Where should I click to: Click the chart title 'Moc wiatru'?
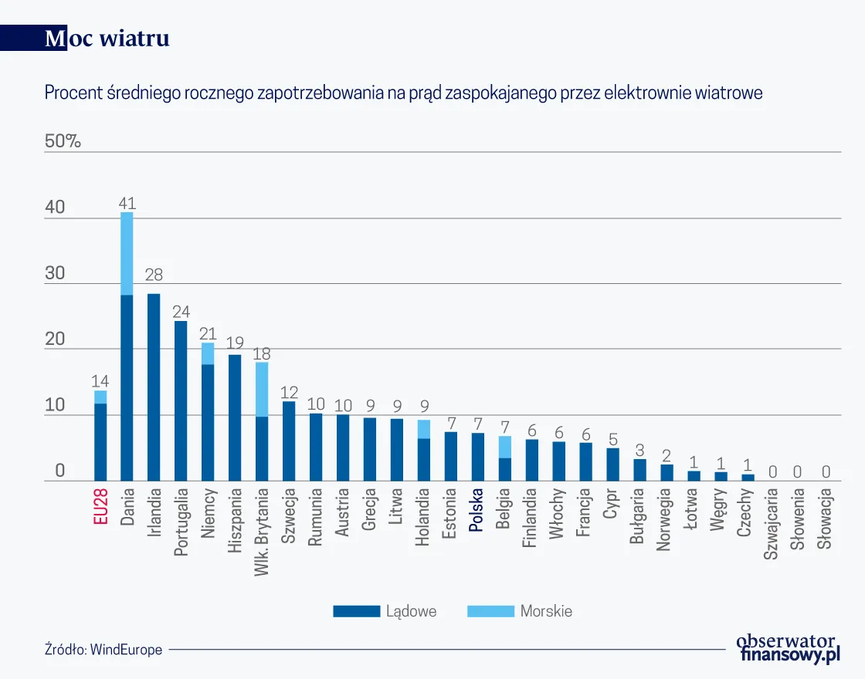pos(107,39)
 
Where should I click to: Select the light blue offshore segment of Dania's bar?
pos(127,253)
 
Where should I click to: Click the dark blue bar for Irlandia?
pos(154,387)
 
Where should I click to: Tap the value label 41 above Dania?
pos(127,204)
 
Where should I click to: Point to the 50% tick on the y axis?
pos(63,141)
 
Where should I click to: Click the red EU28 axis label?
pos(100,507)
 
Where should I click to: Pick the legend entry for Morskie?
pos(520,611)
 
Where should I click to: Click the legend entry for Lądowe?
pos(385,611)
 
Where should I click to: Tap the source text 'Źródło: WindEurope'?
pos(103,650)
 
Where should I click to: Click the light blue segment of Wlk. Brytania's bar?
pos(262,389)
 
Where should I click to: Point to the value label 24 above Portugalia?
pos(181,312)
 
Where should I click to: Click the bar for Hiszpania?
pos(235,417)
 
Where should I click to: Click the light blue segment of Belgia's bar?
pos(504,447)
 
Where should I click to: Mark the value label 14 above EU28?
pos(100,380)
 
